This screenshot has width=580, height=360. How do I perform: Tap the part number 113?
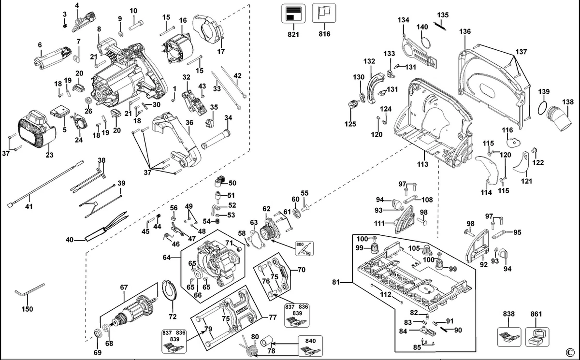point(422,164)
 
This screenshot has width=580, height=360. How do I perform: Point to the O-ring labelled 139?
point(542,108)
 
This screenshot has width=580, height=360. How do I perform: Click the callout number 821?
point(293,34)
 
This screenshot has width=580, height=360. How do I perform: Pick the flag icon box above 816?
point(324,13)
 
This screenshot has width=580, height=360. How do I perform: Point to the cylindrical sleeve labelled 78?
point(266,341)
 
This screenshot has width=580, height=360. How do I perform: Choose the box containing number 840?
point(310,346)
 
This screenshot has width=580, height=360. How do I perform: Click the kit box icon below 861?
point(537,337)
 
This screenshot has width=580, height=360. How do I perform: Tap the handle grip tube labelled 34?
point(216,139)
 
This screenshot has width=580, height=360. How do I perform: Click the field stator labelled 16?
point(179,48)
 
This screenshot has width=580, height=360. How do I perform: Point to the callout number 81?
point(336,282)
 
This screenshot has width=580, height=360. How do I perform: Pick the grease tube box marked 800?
point(304,248)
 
